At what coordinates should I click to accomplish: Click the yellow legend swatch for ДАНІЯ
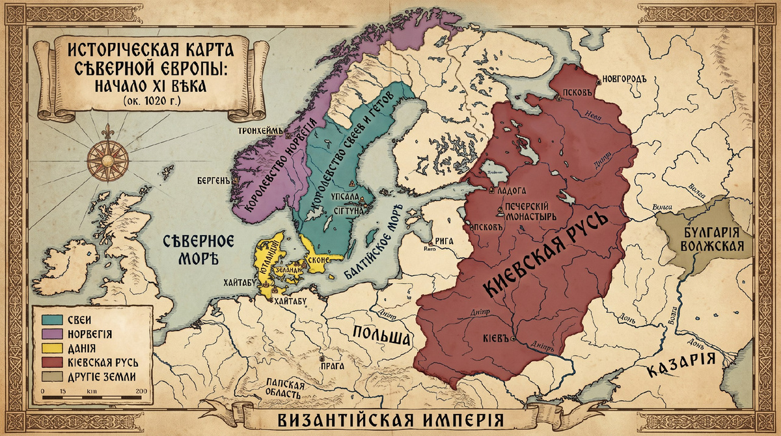pos(49,347)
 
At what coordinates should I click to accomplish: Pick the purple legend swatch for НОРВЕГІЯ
pos(49,333)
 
